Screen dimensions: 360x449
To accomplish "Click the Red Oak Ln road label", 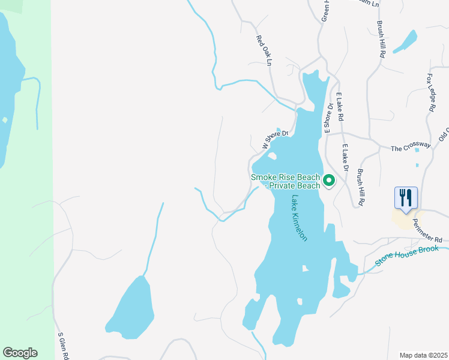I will (x=264, y=50).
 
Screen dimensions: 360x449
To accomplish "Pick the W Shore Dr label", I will (x=275, y=140).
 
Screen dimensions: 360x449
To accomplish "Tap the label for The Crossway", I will (x=411, y=146).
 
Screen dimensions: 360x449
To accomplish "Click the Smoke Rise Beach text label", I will (x=285, y=177).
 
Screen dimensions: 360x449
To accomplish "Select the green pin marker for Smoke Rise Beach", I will (x=329, y=180).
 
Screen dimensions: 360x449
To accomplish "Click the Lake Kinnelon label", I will (x=300, y=217).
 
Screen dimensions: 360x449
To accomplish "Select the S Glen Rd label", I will (x=63, y=346).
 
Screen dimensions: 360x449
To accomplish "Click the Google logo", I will (x=20, y=353).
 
